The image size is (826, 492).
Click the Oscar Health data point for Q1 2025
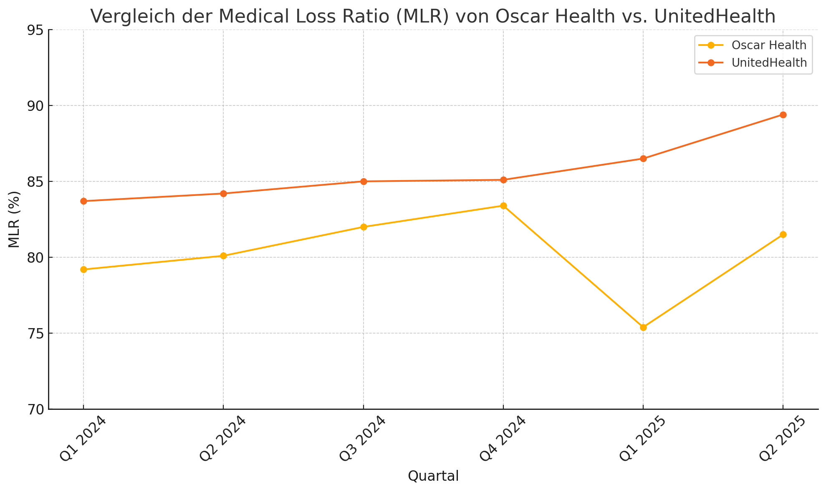point(643,327)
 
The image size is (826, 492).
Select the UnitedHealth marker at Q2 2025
point(783,115)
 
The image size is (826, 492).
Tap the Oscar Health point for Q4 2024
point(503,206)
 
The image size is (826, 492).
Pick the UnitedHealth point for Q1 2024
point(83,201)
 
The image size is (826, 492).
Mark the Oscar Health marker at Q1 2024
point(83,269)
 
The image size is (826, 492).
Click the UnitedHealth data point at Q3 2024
point(364,181)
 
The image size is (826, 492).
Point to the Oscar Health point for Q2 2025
point(783,234)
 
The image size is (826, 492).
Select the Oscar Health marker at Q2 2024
point(223,256)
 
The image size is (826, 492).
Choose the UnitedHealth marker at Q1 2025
point(643,158)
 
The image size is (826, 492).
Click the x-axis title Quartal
point(433,476)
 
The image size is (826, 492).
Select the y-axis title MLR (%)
point(14,219)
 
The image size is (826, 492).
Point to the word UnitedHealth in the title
point(715,17)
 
